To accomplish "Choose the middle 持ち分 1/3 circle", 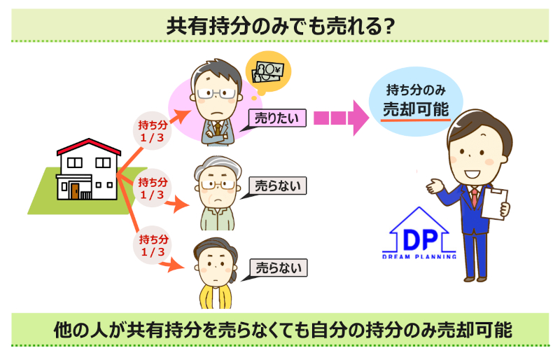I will pyautogui.click(x=152, y=188).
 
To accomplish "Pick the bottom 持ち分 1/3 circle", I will pyautogui.click(x=152, y=245).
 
